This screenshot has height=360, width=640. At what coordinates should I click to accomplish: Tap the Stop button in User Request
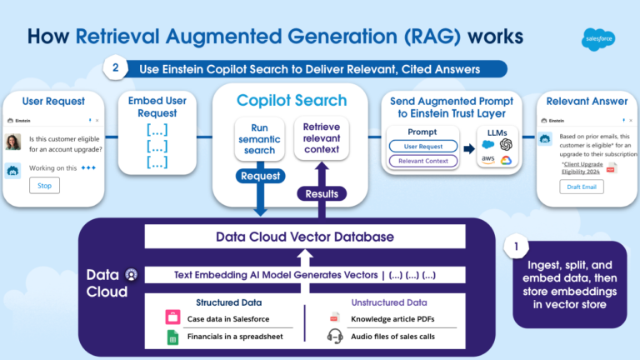(x=44, y=185)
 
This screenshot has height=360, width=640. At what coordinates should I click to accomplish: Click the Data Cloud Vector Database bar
(x=304, y=237)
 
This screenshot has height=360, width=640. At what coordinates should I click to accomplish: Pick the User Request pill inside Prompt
(x=420, y=146)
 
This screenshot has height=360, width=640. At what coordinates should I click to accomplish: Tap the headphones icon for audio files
(x=335, y=337)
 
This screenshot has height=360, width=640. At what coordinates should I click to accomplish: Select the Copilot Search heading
(x=291, y=101)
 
